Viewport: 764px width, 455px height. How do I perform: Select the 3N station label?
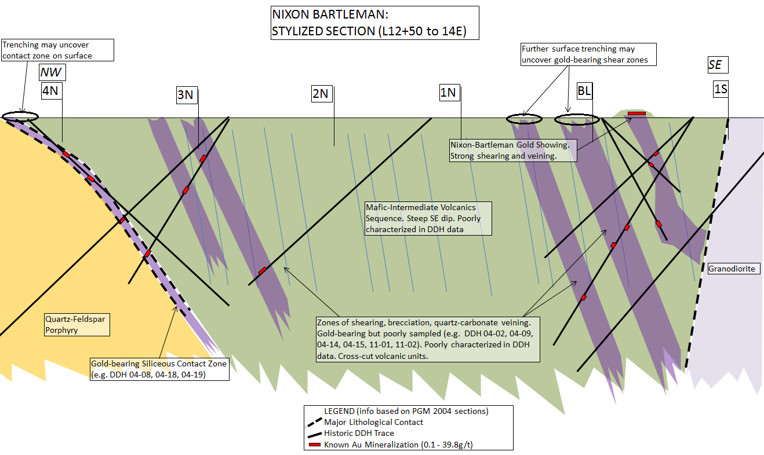[x=185, y=94]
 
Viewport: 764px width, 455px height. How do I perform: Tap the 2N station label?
[x=321, y=93]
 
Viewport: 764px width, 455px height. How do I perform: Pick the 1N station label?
[x=448, y=93]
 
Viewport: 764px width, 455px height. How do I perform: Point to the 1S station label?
[x=721, y=89]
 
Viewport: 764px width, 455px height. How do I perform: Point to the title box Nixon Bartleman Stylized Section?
[x=375, y=23]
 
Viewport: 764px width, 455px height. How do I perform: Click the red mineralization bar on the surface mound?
[x=636, y=113]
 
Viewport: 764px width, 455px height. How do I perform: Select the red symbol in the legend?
[x=315, y=445]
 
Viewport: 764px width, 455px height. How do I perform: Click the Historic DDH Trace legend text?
[x=359, y=433]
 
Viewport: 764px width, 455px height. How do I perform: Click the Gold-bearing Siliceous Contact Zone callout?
[x=159, y=369]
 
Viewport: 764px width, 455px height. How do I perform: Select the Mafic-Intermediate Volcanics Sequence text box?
[x=428, y=218]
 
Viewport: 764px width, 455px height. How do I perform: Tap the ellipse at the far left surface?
[x=20, y=116]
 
